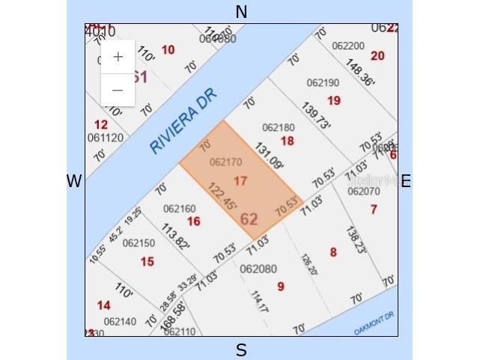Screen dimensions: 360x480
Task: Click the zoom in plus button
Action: tap(118, 58)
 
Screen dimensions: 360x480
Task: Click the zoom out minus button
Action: tap(118, 91)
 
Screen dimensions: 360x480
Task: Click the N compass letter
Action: tap(241, 12)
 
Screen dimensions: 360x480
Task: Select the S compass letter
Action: tap(241, 350)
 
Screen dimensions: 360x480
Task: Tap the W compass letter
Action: tap(73, 181)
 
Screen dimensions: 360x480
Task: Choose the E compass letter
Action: tap(406, 181)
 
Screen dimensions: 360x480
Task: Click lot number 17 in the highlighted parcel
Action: tap(240, 181)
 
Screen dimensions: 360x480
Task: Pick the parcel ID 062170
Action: tap(225, 162)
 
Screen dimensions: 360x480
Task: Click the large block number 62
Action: tap(249, 219)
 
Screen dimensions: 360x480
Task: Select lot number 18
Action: tap(287, 141)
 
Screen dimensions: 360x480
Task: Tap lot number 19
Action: tap(334, 100)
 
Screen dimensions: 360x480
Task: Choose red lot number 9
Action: tap(281, 286)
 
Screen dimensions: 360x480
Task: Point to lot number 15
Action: tap(147, 261)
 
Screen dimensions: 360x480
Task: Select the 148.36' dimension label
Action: tap(360, 73)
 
